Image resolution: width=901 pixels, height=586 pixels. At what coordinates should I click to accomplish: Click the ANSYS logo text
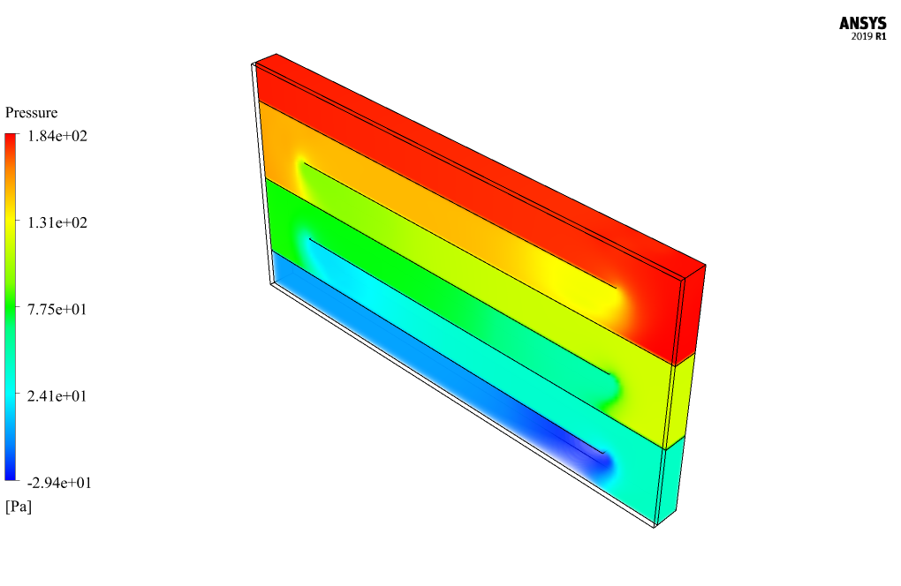tap(862, 23)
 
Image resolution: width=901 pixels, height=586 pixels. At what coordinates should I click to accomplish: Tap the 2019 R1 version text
tap(869, 36)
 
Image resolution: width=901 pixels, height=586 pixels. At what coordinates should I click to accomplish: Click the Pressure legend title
tap(32, 112)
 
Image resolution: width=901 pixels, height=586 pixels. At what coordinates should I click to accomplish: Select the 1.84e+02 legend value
tap(57, 136)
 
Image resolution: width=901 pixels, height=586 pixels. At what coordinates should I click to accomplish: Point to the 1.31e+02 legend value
tap(57, 222)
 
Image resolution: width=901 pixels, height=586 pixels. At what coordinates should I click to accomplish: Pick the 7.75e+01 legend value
tap(57, 310)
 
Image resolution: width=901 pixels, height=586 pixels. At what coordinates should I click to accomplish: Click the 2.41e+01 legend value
tap(57, 396)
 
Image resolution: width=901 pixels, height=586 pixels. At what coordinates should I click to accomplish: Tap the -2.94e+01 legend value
tap(59, 483)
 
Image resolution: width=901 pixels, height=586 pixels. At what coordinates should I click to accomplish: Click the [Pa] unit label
tap(19, 507)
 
